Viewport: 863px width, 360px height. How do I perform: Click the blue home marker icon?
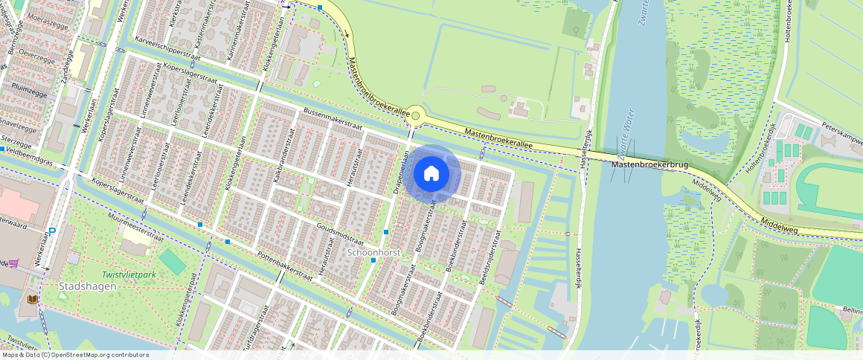tap(431, 174)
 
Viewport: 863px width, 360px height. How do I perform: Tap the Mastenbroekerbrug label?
tap(644, 165)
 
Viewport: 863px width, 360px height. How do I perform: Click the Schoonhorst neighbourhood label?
tap(374, 253)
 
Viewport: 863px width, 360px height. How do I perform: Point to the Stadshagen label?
tap(86, 286)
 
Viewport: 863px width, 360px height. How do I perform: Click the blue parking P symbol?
tap(51, 231)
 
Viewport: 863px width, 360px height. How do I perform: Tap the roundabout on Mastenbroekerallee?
tap(415, 116)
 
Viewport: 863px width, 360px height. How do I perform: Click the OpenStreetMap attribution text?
tap(76, 355)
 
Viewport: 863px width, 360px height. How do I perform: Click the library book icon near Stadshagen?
tap(32, 299)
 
